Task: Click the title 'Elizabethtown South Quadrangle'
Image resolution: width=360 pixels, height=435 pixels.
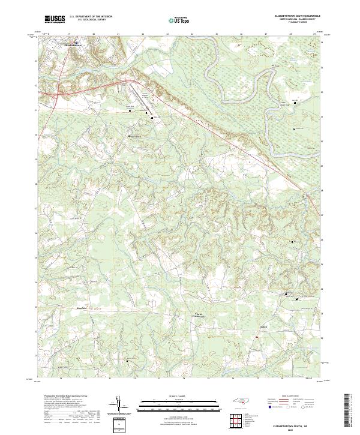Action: (x=298, y=16)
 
